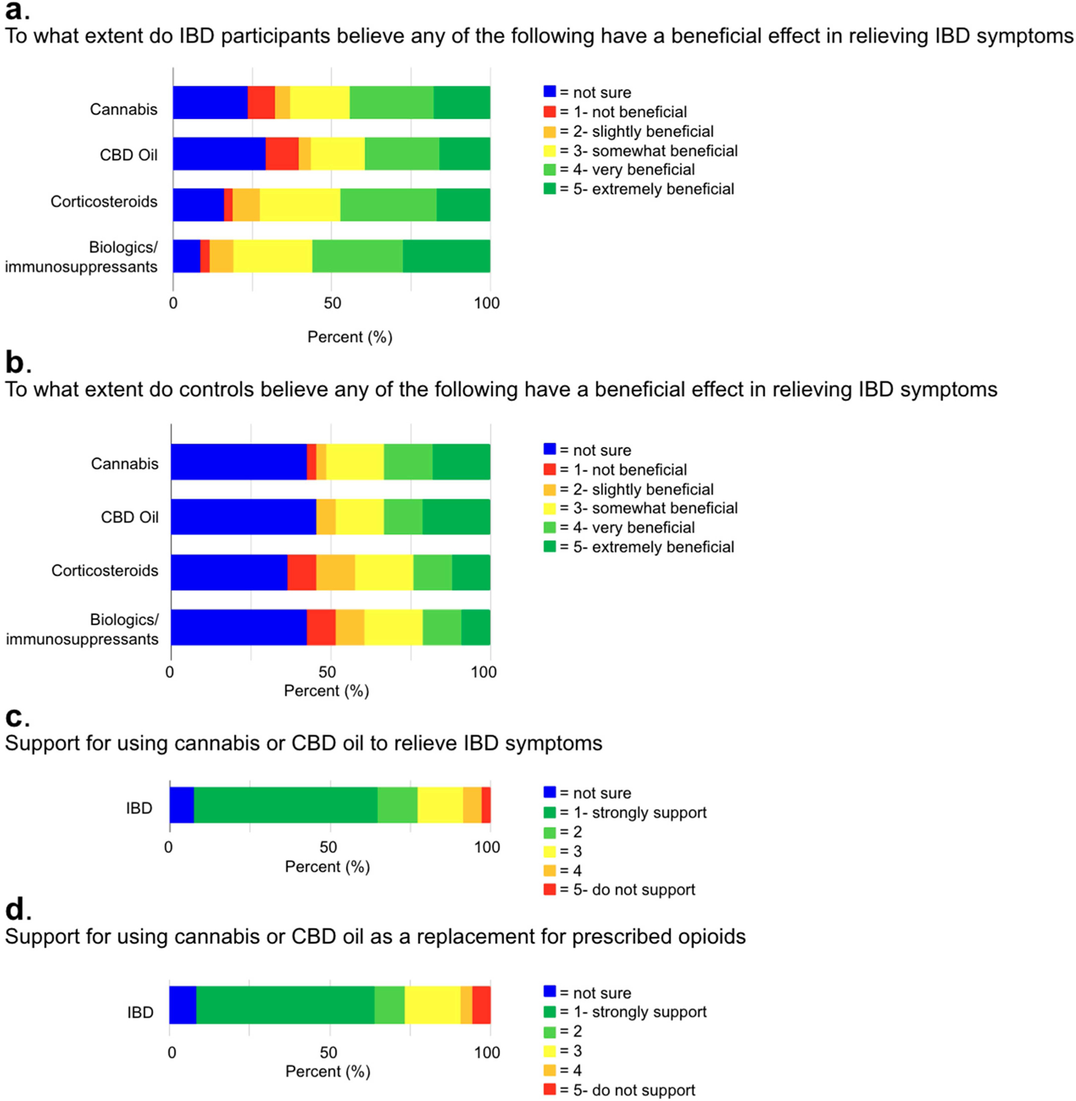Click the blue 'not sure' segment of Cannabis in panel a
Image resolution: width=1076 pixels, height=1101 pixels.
[210, 103]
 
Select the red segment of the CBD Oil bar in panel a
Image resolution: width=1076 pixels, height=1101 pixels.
[282, 154]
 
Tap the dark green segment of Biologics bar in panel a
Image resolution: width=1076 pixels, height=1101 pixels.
[446, 256]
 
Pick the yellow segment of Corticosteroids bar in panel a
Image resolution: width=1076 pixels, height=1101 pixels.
[300, 204]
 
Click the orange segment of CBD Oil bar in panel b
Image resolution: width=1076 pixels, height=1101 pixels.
[326, 517]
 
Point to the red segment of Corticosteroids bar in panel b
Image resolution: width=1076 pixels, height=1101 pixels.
[301, 572]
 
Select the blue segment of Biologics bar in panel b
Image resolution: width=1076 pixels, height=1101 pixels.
[238, 627]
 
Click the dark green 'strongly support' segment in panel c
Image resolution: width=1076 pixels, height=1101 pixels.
[286, 805]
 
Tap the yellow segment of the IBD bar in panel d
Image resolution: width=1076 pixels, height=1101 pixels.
[432, 1005]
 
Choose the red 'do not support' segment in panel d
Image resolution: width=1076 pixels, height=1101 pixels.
[481, 1005]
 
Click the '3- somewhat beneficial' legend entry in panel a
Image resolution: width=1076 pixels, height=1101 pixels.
[648, 150]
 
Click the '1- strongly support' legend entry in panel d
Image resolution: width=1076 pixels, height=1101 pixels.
[632, 1012]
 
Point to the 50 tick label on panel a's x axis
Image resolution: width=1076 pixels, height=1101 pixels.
[332, 303]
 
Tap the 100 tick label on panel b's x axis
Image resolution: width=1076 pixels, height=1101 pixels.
[484, 672]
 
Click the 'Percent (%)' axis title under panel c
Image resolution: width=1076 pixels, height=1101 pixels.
[327, 867]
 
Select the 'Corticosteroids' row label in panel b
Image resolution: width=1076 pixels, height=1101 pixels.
[105, 571]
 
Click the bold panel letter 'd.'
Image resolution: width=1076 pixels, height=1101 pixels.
[18, 910]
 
